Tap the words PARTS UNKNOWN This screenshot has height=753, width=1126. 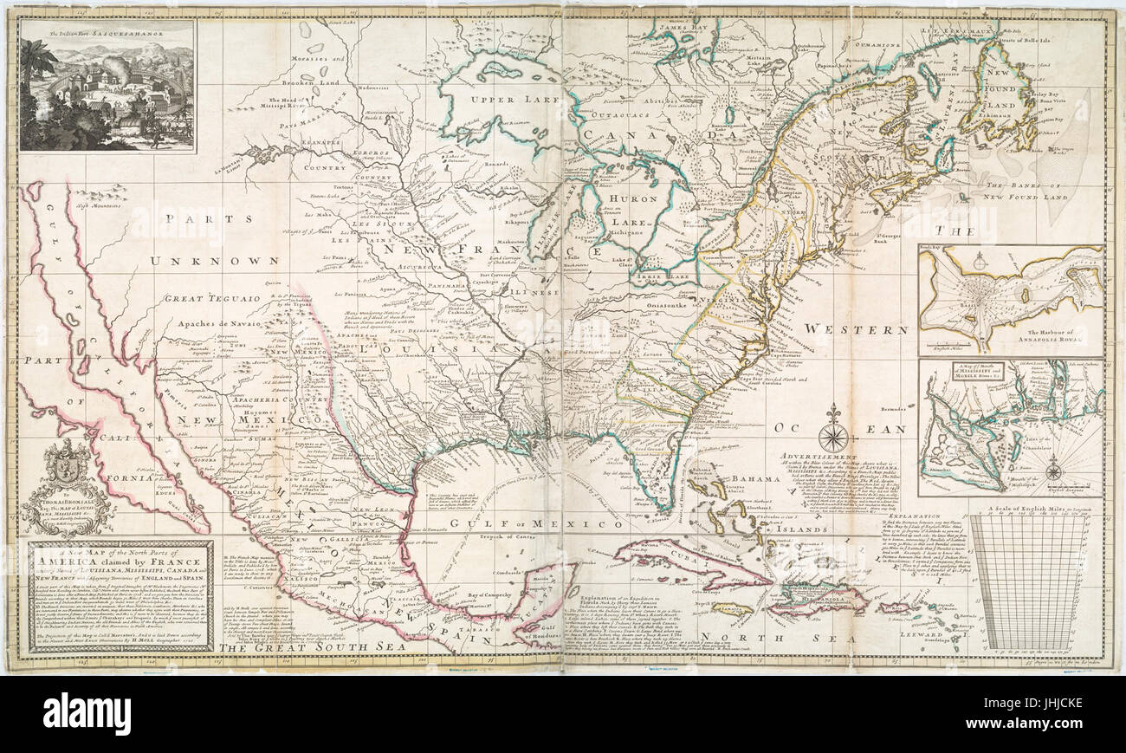point(215,237)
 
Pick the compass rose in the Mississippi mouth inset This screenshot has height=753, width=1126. point(1053,471)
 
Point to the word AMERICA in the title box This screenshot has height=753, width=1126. point(71,562)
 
